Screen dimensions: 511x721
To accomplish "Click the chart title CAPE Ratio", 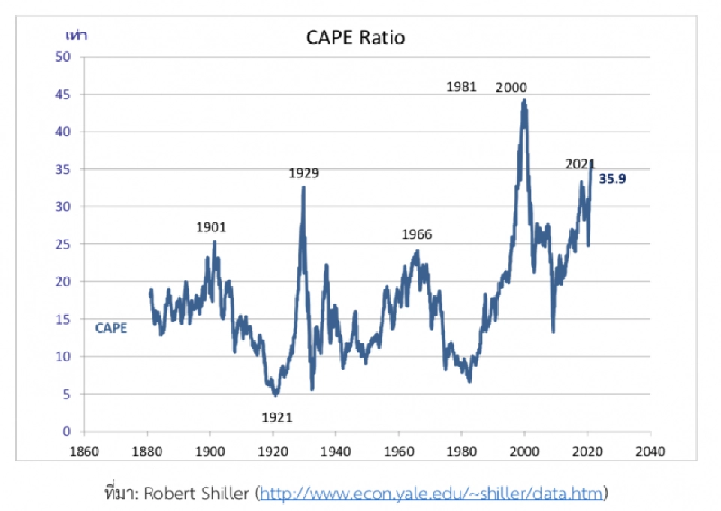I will click(356, 38).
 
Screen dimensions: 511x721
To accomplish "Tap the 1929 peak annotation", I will click(303, 174).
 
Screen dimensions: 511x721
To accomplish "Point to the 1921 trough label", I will click(276, 418).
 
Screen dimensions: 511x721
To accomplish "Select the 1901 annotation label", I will click(211, 227).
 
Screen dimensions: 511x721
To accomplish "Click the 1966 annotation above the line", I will click(416, 234).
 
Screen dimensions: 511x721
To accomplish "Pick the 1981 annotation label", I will click(461, 86).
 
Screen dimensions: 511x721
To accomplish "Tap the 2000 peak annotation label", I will click(511, 87).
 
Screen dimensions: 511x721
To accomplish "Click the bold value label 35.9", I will click(612, 180).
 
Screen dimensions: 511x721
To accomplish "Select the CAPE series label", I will click(111, 328).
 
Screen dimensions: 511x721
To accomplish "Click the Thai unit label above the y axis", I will click(76, 36).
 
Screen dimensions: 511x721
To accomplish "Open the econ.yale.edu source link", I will click(432, 494).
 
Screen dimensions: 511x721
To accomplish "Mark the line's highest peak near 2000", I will click(524, 100).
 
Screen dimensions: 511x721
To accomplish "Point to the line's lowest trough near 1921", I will click(276, 394).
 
